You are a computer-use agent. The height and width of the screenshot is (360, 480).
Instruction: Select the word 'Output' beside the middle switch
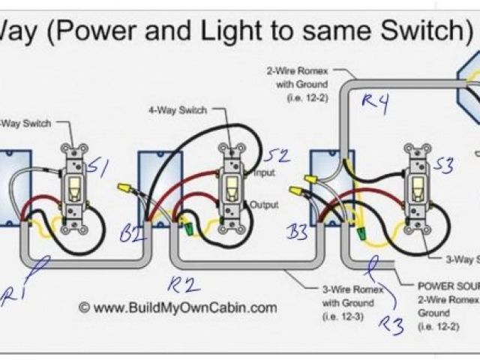[x=265, y=205]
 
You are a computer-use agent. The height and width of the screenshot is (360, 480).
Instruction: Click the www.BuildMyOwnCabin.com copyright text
[x=178, y=307]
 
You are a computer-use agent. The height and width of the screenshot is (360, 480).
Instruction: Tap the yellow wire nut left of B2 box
[x=122, y=184]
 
